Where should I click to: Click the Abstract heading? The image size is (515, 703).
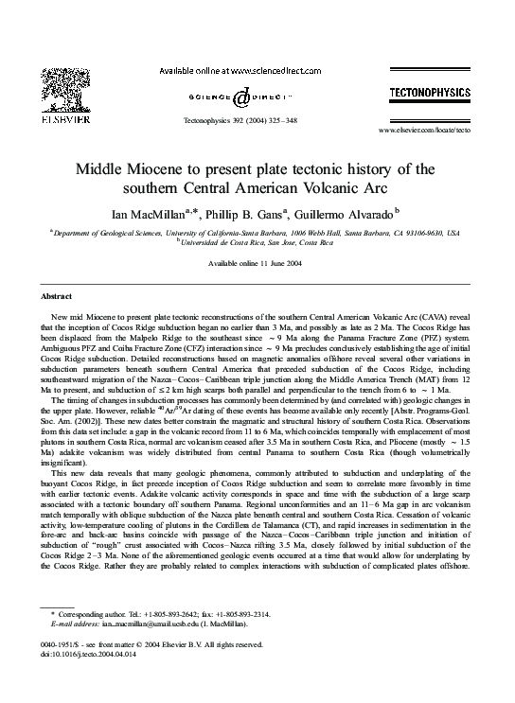58,296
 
